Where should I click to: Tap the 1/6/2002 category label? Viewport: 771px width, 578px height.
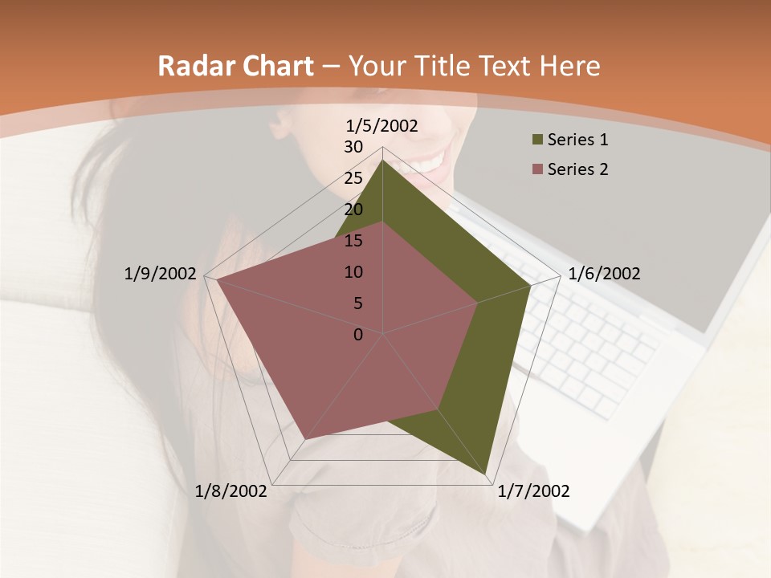[x=604, y=274]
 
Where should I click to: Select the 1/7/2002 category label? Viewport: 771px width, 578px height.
[x=533, y=491]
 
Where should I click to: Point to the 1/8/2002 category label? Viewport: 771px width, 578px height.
[x=231, y=491]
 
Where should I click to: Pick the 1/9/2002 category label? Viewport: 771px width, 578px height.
[x=160, y=274]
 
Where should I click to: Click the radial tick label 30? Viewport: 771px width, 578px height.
[x=353, y=147]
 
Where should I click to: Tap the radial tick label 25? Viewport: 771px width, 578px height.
[x=353, y=178]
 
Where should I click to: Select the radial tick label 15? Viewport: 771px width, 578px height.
[x=353, y=241]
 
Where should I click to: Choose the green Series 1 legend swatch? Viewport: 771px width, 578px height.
[x=537, y=140]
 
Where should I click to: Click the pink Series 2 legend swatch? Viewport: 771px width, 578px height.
[x=537, y=169]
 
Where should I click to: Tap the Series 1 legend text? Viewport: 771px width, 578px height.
[x=577, y=140]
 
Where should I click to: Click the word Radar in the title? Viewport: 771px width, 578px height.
[x=194, y=67]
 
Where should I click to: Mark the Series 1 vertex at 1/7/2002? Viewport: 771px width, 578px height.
[x=487, y=471]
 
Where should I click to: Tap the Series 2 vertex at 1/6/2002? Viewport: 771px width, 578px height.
[x=477, y=303]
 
